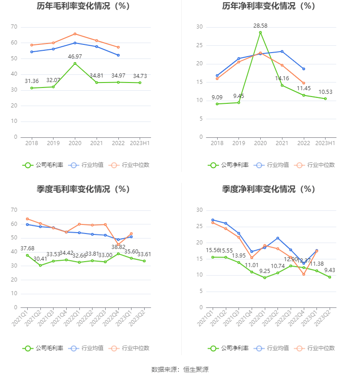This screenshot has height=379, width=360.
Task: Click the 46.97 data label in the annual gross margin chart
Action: coord(75,56)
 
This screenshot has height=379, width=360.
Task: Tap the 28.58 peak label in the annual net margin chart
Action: coord(260,26)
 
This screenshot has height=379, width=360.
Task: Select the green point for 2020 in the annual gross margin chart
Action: coord(75,63)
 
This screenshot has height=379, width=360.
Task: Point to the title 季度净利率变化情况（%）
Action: coord(268,189)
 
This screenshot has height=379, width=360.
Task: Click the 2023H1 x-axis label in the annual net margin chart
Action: coord(325,143)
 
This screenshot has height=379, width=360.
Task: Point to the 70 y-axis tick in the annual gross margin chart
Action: coord(14,27)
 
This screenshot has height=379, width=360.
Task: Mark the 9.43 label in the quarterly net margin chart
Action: coord(330,270)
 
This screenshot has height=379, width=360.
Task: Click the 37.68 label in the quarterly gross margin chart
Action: coord(28,248)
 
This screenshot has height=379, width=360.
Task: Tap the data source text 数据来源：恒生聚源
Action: coord(180,369)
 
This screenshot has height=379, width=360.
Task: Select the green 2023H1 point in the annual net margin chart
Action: coord(325,98)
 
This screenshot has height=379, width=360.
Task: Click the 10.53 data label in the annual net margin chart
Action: coord(325,92)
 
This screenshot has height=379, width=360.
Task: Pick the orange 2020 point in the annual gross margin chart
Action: coord(75,34)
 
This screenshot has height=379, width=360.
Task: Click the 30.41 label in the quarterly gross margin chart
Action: coord(40,259)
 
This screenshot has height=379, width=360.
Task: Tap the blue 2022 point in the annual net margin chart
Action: coord(303,69)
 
